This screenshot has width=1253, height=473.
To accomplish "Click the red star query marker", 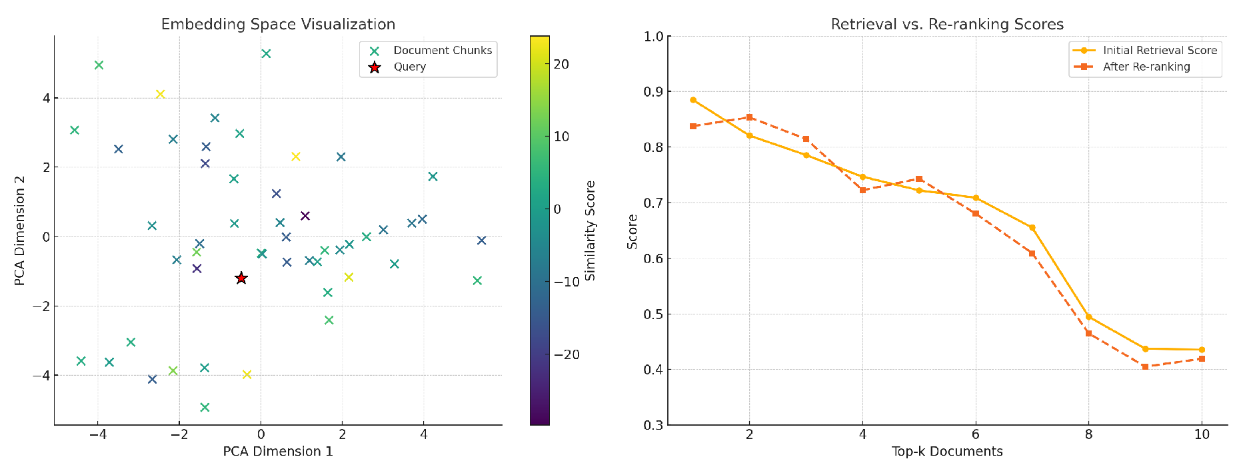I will (x=241, y=278).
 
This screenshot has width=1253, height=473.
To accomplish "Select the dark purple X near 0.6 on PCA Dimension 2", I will (x=305, y=216).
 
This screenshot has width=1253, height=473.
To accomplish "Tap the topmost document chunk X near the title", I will (x=266, y=53).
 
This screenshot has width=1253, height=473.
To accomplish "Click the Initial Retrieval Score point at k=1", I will (x=693, y=100).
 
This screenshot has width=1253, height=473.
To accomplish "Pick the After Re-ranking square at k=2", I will (x=750, y=117).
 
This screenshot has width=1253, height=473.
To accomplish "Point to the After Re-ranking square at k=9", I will (x=1145, y=366).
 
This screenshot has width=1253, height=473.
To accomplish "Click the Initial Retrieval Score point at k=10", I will (x=1202, y=350).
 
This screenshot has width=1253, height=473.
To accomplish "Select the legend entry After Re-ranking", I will (x=1146, y=67).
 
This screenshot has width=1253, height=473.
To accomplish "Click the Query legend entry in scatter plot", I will (x=409, y=67).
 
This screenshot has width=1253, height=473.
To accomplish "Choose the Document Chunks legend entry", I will (x=442, y=50).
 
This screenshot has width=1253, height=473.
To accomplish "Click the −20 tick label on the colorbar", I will (x=567, y=354).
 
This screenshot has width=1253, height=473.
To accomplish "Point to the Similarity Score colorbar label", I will (x=590, y=230).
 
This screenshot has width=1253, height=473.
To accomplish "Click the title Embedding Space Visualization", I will (x=278, y=24).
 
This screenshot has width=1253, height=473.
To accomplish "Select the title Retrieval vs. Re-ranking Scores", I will (x=946, y=24).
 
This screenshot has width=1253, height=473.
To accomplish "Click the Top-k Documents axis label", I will (x=946, y=452).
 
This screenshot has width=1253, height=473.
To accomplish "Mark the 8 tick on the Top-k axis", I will (x=1088, y=434).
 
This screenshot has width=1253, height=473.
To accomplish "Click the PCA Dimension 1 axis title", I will (x=278, y=452).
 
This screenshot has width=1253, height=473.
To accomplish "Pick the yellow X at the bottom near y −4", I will (x=247, y=374).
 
